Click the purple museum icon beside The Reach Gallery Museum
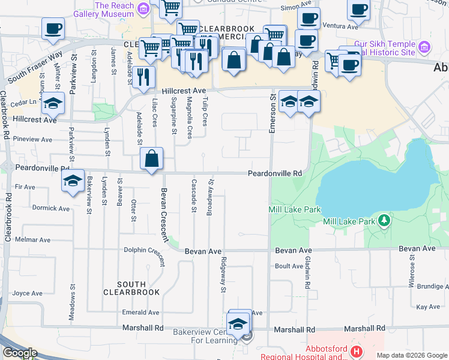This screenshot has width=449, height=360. [143, 8]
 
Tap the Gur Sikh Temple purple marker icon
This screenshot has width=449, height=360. [424, 47]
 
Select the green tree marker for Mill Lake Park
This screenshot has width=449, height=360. [385, 221]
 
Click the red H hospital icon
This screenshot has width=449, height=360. [357, 351]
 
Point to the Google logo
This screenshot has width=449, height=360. [19, 353]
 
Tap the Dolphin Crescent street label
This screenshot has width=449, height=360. [144, 255]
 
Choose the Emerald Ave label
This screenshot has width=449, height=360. [142, 313]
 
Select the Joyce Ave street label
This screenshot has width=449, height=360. [28, 293]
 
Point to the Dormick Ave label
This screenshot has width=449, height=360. [51, 209]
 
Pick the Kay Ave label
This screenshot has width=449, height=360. [428, 307]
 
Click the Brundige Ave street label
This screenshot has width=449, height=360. [429, 286]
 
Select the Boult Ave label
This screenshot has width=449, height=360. [286, 266]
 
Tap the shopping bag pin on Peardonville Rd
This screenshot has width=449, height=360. [152, 160]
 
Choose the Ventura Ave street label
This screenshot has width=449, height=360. [340, 26]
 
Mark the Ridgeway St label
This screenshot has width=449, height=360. [223, 275]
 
